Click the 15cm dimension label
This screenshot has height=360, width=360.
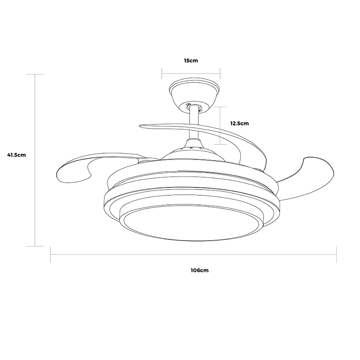coord(191,61)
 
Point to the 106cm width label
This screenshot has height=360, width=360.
coord(200,270)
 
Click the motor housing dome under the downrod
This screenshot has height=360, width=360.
coord(194,150)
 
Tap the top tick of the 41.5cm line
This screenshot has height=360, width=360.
coord(35,74)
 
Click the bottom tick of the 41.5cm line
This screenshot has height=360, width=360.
coord(35,246)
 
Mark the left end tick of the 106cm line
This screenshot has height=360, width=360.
coord(50,254)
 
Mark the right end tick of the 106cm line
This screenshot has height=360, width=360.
coord(336,254)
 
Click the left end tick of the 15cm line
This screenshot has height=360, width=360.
coord(162,73)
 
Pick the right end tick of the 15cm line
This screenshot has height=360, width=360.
coord(220,73)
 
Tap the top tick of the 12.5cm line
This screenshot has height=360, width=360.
coord(220,107)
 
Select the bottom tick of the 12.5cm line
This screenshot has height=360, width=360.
coord(220,144)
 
